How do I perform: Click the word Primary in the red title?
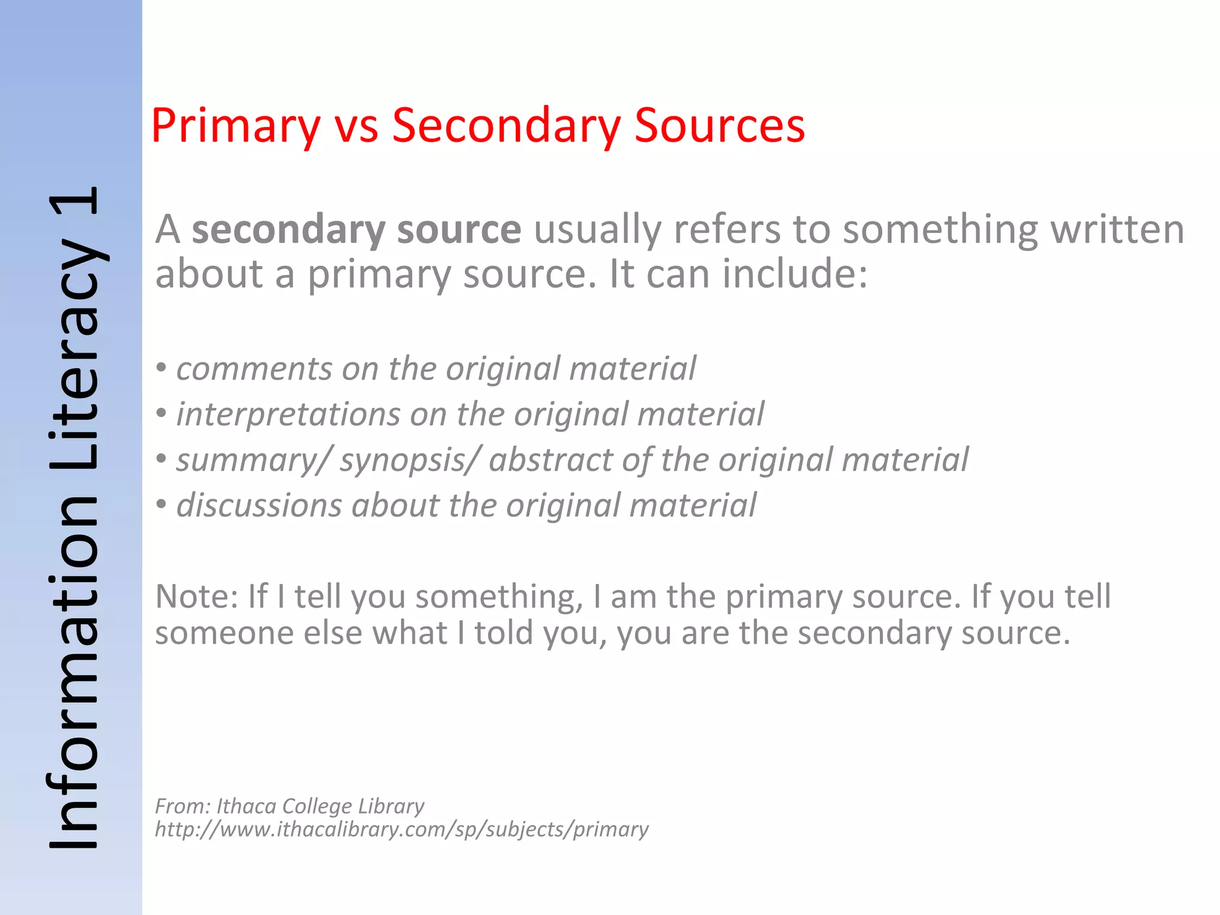[235, 126]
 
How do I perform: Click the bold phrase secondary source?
[356, 230]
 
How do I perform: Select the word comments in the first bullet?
[254, 369]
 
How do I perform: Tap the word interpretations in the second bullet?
[288, 415]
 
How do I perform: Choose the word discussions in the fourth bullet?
[259, 506]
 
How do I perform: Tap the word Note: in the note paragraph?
[197, 596]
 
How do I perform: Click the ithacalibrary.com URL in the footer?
[402, 829]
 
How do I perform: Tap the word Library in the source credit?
[391, 807]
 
